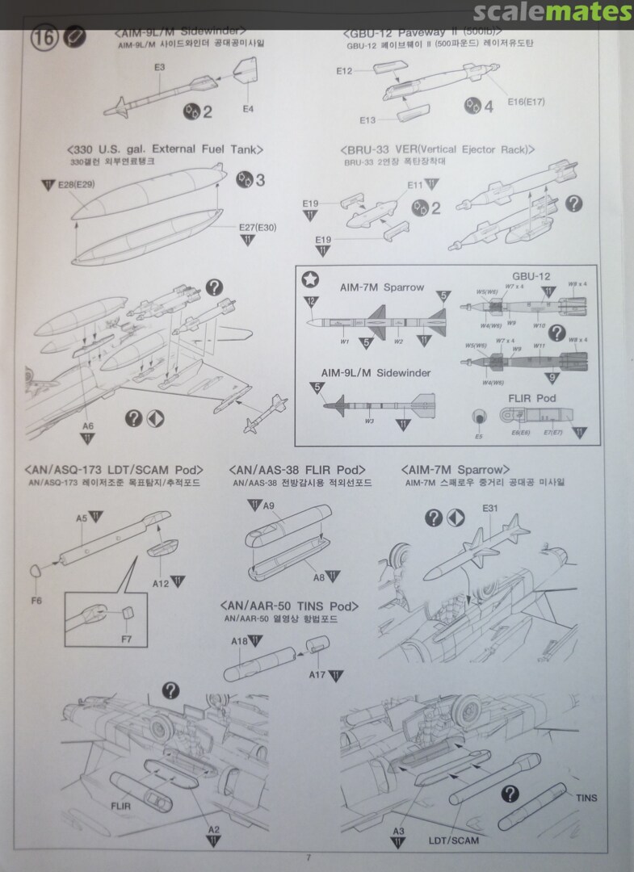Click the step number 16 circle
pyautogui.click(x=44, y=39)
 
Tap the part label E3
pyautogui.click(x=159, y=67)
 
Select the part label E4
pyautogui.click(x=247, y=108)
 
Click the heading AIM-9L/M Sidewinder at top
pyautogui.click(x=180, y=32)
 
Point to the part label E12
pyautogui.click(x=345, y=71)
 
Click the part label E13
pyautogui.click(x=367, y=120)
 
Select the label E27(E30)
pyautogui.click(x=258, y=227)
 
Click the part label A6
pyautogui.click(x=88, y=426)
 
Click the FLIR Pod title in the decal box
pyautogui.click(x=532, y=399)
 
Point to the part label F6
pyautogui.click(x=36, y=600)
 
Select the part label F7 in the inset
pyautogui.click(x=127, y=640)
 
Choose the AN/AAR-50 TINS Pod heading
pyautogui.click(x=288, y=606)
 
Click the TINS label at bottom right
pyautogui.click(x=586, y=798)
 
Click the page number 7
pyautogui.click(x=309, y=857)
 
